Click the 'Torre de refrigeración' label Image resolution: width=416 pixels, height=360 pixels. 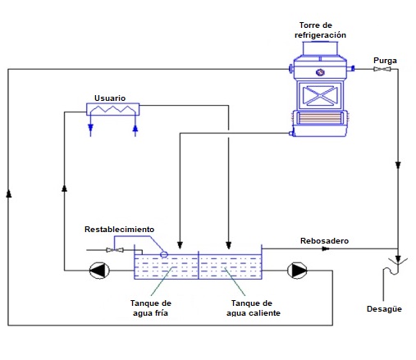click(320, 30)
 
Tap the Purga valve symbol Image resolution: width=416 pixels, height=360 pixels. click(382, 69)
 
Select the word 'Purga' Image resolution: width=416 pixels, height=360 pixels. click(385, 61)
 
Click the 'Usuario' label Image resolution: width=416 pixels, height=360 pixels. click(110, 98)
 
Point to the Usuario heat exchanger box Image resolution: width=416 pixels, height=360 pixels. click(112, 109)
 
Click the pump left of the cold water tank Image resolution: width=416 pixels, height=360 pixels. click(99, 271)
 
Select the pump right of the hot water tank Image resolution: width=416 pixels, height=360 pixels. click(297, 271)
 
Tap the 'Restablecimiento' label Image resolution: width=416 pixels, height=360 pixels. click(119, 230)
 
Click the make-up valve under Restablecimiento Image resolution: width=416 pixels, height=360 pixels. click(115, 250)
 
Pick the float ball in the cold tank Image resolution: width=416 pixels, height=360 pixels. click(164, 254)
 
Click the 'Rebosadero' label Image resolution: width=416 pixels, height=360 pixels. click(324, 241)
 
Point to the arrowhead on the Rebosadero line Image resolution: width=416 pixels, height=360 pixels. click(326, 248)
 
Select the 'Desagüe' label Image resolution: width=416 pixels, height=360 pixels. click(384, 309)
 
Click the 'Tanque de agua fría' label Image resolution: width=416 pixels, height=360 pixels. click(151, 308)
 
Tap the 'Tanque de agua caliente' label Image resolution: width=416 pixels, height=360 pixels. click(254, 308)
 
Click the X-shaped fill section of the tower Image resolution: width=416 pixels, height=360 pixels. click(320, 96)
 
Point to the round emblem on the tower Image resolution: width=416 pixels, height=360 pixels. click(320, 72)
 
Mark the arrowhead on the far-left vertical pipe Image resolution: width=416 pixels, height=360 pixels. click(9, 194)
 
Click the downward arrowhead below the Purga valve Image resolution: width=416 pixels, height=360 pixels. click(398, 165)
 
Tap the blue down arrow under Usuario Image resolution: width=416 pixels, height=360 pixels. click(90, 128)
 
